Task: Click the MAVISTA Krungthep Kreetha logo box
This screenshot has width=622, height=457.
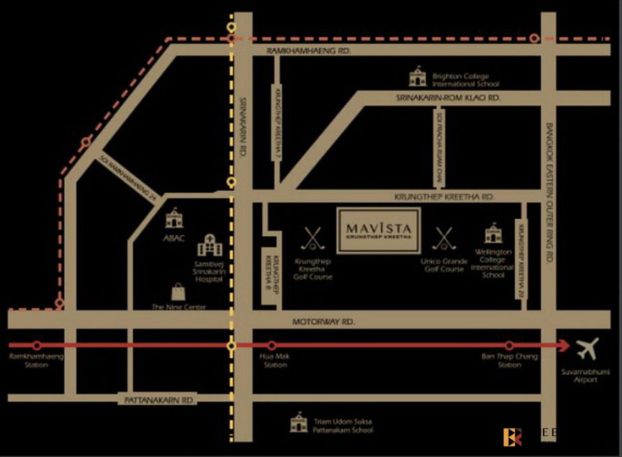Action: pyautogui.click(x=378, y=231)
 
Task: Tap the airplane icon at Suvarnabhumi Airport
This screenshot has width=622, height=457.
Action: pyautogui.click(x=587, y=349)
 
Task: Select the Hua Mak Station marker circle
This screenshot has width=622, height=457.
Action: pyautogui.click(x=271, y=346)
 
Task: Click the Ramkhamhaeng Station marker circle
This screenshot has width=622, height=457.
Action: pyautogui.click(x=37, y=346)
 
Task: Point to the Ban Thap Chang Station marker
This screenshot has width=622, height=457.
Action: pyautogui.click(x=509, y=346)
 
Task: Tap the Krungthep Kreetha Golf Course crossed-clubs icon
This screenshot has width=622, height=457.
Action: pyautogui.click(x=312, y=238)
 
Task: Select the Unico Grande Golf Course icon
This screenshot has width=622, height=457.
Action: pyautogui.click(x=443, y=238)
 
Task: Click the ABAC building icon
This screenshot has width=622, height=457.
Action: pyautogui.click(x=174, y=219)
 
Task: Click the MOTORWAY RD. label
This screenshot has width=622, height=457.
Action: pyautogui.click(x=323, y=322)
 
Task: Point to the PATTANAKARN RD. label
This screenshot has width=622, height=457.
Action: pyautogui.click(x=160, y=401)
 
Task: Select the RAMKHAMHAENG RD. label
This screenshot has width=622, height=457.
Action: pyautogui.click(x=309, y=51)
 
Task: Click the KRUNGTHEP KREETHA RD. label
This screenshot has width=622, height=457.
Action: pyautogui.click(x=444, y=197)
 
